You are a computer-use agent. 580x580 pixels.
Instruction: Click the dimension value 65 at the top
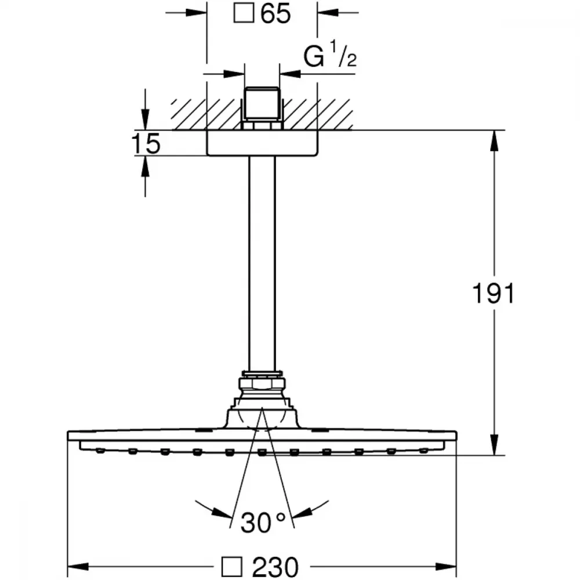pos(275,14)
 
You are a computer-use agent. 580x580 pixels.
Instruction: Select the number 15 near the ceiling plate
pos(146,143)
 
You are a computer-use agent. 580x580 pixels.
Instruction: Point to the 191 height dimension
pos(494,293)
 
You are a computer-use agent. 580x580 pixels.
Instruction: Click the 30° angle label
pos(263,523)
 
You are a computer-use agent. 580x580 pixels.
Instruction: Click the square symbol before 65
pos(244,13)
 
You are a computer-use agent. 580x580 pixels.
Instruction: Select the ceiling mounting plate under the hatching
pos(262,143)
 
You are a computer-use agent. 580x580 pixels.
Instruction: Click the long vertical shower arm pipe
pos(262,263)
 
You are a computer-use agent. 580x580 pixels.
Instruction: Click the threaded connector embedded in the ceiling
pos(262,104)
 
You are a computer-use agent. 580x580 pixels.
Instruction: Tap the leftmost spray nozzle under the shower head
pos(100,451)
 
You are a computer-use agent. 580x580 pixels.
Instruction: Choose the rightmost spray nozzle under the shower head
pos(424,451)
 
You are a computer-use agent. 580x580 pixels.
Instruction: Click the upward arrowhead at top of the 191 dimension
pos(494,140)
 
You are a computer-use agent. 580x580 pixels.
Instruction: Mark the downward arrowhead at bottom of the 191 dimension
pos(494,445)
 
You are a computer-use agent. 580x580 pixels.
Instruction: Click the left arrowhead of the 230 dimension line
pos(78,566)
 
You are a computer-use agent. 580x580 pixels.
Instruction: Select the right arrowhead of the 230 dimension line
pos(446,566)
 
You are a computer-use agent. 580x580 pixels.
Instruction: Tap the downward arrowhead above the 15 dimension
pos(146,119)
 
